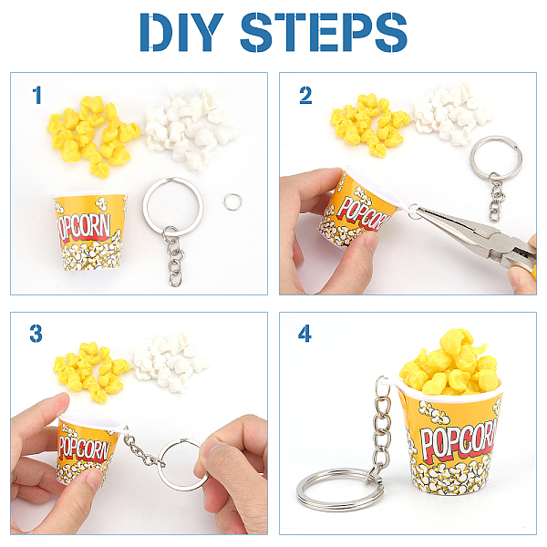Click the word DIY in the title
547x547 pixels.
[181, 32]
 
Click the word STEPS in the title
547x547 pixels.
[324, 32]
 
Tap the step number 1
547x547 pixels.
[36, 95]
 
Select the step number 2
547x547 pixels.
[305, 95]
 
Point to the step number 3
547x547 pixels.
[36, 334]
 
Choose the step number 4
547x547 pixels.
[304, 334]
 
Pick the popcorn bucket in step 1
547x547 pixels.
[90, 232]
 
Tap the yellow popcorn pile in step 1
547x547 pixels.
[92, 135]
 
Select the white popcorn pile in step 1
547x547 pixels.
[191, 129]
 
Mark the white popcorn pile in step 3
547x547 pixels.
[170, 363]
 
